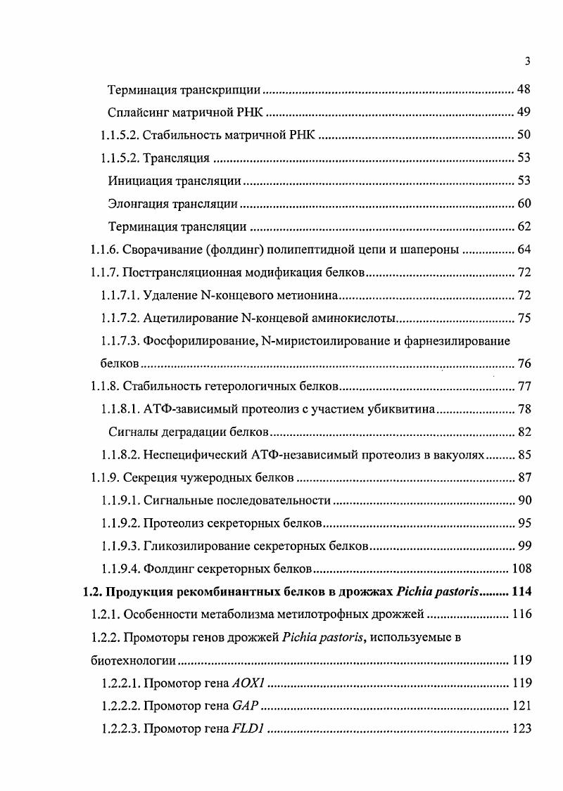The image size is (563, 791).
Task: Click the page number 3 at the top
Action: [527, 62]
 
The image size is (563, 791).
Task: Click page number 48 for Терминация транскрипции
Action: [523, 91]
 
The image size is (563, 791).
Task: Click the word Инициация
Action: [139, 181]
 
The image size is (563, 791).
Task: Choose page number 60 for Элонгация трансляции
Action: [523, 204]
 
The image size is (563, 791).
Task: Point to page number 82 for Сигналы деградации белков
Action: [523, 432]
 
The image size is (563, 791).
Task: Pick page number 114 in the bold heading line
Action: [519, 592]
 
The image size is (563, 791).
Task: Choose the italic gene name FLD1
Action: [247, 728]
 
